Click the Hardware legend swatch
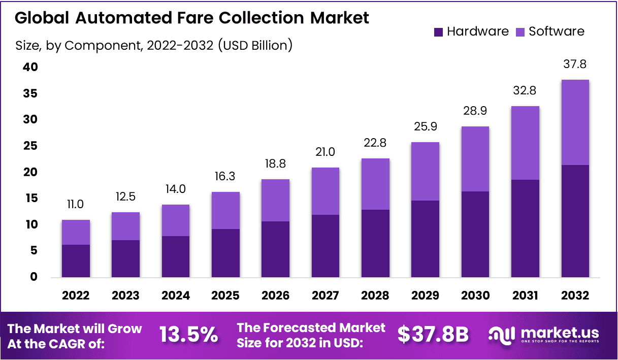[x=439, y=32]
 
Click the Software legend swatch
[x=521, y=32]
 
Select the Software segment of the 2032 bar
[x=575, y=122]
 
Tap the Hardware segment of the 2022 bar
[x=76, y=261]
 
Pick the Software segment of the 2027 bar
[x=326, y=191]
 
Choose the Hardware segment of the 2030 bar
[x=475, y=234]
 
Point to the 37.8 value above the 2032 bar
[x=575, y=64]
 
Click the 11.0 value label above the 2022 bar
[x=76, y=205]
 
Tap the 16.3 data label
[x=225, y=176]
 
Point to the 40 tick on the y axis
[x=30, y=67]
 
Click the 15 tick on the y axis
[x=30, y=198]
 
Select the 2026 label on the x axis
[x=275, y=296]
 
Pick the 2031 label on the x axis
[x=525, y=296]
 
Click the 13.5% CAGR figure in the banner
[x=189, y=335]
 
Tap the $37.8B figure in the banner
[x=433, y=335]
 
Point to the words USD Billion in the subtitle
[x=254, y=45]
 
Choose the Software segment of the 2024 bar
[x=176, y=220]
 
